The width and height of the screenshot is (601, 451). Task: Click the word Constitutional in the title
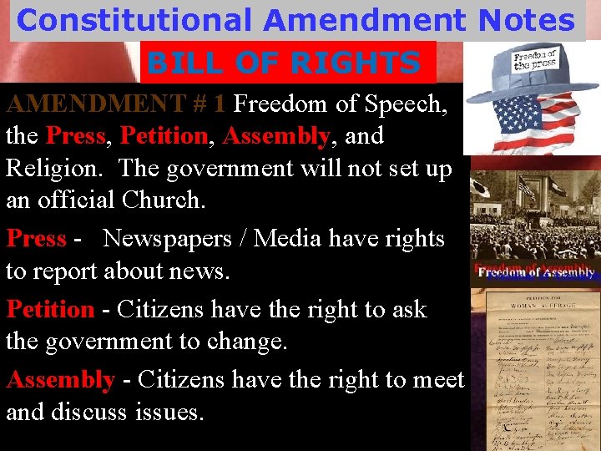coord(134,20)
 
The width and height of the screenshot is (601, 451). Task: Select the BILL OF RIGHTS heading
coord(288,63)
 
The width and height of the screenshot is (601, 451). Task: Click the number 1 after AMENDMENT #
coord(219,104)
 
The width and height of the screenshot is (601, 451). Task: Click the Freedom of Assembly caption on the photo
coord(535,271)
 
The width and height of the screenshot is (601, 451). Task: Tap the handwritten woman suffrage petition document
coord(535,367)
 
